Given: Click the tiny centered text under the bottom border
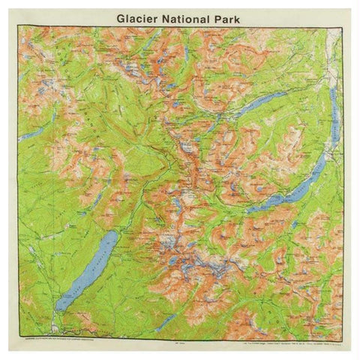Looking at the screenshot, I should tap(180, 339).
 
